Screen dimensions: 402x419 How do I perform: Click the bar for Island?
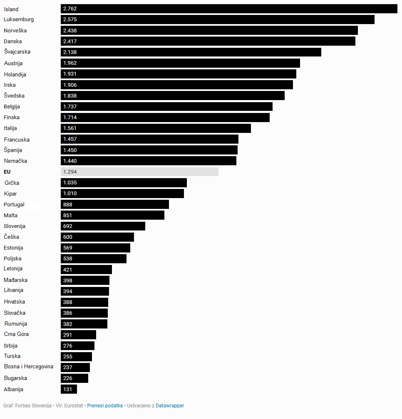pos(229,9)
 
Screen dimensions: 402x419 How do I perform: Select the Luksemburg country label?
pos(19,20)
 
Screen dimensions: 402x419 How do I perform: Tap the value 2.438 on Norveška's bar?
pos(70,30)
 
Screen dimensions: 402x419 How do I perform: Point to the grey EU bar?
pos(139,172)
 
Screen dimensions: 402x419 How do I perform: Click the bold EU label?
pos(7,172)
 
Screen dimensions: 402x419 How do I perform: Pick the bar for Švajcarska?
pos(191,52)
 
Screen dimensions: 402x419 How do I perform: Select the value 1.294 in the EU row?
pos(70,172)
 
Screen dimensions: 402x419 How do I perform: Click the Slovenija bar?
pos(103,226)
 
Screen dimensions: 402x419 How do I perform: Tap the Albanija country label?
pos(13,390)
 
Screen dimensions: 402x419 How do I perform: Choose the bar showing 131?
pos(69,389)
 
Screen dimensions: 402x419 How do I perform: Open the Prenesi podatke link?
pos(105,406)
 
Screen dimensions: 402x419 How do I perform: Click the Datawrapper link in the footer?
pos(170,406)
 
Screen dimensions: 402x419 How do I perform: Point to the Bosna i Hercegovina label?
pos(29,367)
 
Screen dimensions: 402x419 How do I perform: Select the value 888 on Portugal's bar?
pos(68,204)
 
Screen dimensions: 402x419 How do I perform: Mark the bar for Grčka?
pos(124,183)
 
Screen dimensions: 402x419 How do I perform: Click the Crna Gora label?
pos(16,334)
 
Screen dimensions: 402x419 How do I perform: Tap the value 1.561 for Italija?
pos(70,128)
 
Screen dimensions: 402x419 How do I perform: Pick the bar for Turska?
pos(76,356)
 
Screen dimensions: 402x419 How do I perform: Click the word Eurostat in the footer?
pos(74,406)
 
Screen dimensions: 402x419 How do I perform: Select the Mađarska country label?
pos(15,280)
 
